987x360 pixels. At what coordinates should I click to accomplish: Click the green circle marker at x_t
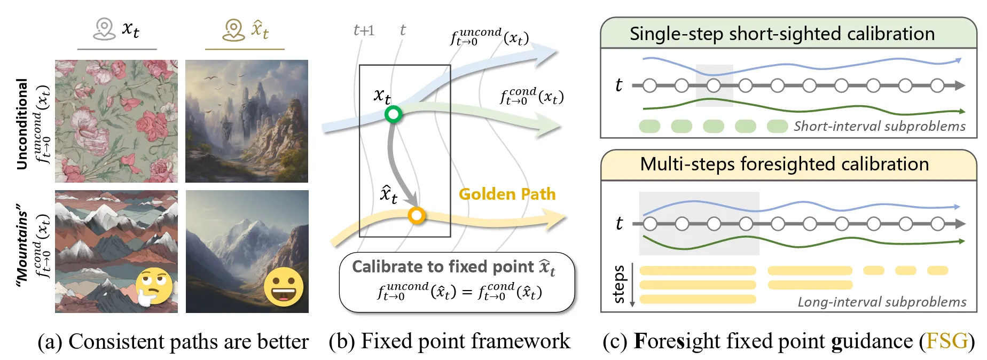click(393, 114)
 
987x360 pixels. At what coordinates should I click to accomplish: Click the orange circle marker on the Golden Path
click(416, 215)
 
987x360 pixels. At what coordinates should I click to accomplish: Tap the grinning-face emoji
click(284, 287)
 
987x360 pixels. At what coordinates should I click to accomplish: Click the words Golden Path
click(507, 194)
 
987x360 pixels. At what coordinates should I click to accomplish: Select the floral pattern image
click(116, 121)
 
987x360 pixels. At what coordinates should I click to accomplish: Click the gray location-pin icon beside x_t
click(104, 29)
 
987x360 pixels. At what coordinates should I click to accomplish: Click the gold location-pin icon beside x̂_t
click(233, 29)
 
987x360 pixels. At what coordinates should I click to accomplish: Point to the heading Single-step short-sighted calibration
click(782, 34)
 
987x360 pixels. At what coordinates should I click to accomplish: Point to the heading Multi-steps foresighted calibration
click(784, 164)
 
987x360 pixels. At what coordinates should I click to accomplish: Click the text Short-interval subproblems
click(879, 126)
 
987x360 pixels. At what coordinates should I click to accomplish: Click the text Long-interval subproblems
click(882, 302)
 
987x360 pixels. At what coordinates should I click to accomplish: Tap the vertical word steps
click(618, 284)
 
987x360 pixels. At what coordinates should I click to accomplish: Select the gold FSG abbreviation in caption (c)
click(947, 341)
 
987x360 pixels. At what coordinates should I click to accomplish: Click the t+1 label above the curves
click(364, 30)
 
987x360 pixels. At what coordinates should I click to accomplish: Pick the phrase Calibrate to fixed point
click(443, 267)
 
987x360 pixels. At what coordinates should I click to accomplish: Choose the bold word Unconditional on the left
click(22, 124)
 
